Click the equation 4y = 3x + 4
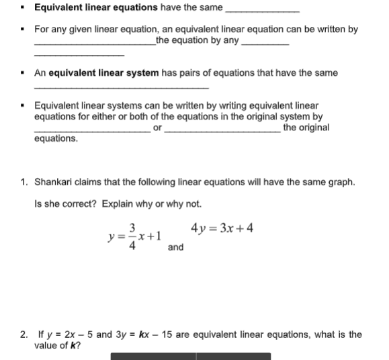(222, 228)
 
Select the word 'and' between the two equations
(175, 247)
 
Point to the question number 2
(24, 334)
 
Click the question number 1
(24, 182)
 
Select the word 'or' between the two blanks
(157, 128)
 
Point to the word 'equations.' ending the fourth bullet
(56, 138)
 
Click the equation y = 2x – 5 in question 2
(69, 334)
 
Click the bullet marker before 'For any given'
(24, 30)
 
